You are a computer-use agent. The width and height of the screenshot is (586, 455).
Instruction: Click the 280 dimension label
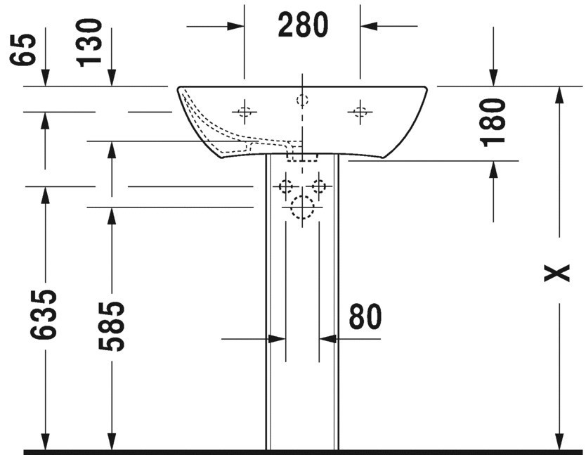(303, 25)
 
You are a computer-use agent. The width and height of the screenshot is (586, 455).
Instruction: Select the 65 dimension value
(23, 50)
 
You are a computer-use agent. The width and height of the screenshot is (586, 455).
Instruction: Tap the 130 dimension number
(89, 43)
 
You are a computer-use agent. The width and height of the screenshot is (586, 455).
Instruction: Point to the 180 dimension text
(493, 122)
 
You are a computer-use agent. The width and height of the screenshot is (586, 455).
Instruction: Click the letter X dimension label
(557, 273)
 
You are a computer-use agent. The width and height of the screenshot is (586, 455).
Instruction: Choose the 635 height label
(44, 314)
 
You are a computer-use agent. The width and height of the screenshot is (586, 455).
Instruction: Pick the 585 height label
(111, 326)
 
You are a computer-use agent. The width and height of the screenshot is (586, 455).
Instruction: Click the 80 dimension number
(365, 316)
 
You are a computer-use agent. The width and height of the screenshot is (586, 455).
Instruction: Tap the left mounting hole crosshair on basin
(245, 112)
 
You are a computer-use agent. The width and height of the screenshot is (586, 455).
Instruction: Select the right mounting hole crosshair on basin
(360, 112)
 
